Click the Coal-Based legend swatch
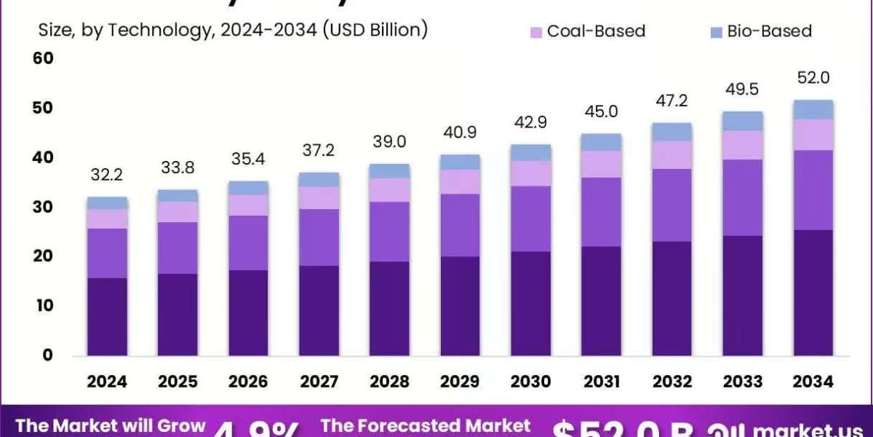tap(537, 32)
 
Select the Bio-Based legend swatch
tap(715, 32)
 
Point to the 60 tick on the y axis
tap(44, 58)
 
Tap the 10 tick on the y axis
tap(44, 306)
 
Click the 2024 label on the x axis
tap(107, 382)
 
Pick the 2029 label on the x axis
tap(460, 382)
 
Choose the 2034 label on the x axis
tap(813, 382)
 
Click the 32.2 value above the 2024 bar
tap(107, 176)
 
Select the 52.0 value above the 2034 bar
tap(813, 78)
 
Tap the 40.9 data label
tap(460, 133)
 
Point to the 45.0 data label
tap(601, 111)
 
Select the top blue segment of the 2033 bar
tap(743, 121)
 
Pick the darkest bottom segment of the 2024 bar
tap(107, 317)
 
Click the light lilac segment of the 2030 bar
tap(530, 173)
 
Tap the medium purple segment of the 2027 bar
tap(319, 237)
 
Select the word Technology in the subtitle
tap(151, 31)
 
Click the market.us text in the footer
tap(808, 430)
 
